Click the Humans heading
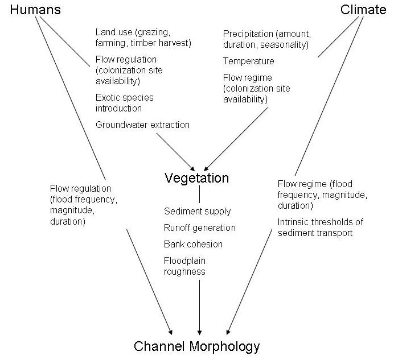point(35,10)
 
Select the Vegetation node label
point(196,178)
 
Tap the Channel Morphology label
point(197,346)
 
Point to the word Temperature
point(248,61)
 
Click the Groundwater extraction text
point(142,125)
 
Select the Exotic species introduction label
point(124,103)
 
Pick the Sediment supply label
point(197,211)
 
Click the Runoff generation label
point(199,227)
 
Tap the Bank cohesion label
point(193,244)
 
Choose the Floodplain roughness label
point(186,266)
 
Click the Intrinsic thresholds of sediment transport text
point(320,227)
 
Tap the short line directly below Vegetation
point(199,195)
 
